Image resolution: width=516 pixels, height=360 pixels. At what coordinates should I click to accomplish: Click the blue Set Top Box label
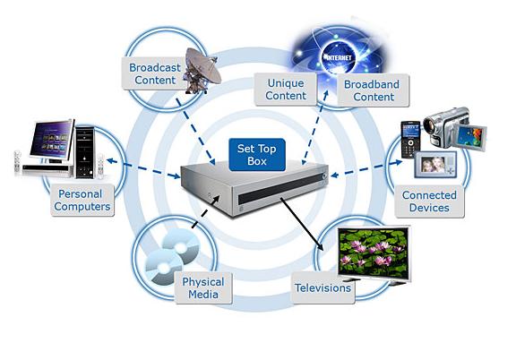pos(257,155)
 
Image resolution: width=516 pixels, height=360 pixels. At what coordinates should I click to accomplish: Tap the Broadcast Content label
pos(154,73)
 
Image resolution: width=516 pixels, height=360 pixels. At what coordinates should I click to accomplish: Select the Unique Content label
pos(286,90)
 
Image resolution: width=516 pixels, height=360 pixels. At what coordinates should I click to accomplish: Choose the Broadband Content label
pos(374,90)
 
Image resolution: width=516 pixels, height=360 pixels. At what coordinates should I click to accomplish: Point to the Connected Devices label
pos(429,201)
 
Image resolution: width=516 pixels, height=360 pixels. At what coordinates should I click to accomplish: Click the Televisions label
pos(322,288)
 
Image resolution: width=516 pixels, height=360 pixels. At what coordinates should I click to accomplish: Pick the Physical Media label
pos(203,288)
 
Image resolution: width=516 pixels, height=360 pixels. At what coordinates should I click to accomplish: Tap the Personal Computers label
pos(82,200)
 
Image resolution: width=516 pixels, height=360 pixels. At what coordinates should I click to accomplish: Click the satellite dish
pos(202,71)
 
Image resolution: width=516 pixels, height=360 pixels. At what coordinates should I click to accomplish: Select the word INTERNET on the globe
pos(339,57)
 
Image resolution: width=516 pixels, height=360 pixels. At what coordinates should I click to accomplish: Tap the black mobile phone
pos(410,140)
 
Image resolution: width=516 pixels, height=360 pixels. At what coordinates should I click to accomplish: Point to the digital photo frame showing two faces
pos(435,164)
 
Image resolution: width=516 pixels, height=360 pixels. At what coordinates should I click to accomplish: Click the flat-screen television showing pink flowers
pos(374,253)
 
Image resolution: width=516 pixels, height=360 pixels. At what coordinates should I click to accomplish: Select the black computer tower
pos(84,152)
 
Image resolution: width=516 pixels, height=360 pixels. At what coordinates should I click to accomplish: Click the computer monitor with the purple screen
pos(52,140)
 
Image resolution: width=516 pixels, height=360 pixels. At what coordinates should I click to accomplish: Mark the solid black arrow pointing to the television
pos(302,224)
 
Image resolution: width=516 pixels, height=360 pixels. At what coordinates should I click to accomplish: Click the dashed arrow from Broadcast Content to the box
pos(195,132)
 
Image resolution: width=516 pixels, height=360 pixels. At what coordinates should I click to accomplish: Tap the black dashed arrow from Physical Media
pos(206,211)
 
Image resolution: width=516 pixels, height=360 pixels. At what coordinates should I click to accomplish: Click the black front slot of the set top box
pos(281,189)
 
